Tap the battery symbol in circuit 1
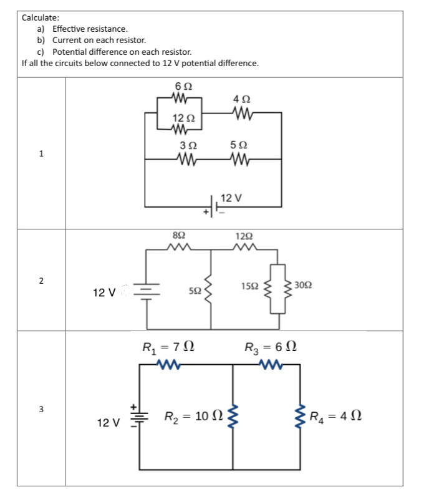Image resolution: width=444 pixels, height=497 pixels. click(x=215, y=206)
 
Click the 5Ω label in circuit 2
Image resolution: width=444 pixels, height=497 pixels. click(x=194, y=291)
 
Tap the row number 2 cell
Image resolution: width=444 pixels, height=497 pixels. click(x=41, y=281)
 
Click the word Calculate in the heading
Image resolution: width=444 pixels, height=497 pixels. click(x=41, y=17)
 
